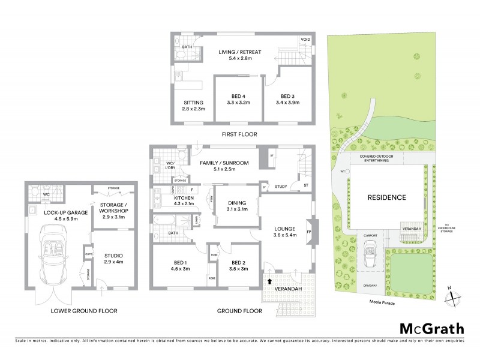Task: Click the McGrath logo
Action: coord(431,329)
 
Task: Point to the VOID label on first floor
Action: coord(305,40)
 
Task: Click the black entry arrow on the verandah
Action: coord(269,280)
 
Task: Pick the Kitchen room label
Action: coord(184,201)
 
